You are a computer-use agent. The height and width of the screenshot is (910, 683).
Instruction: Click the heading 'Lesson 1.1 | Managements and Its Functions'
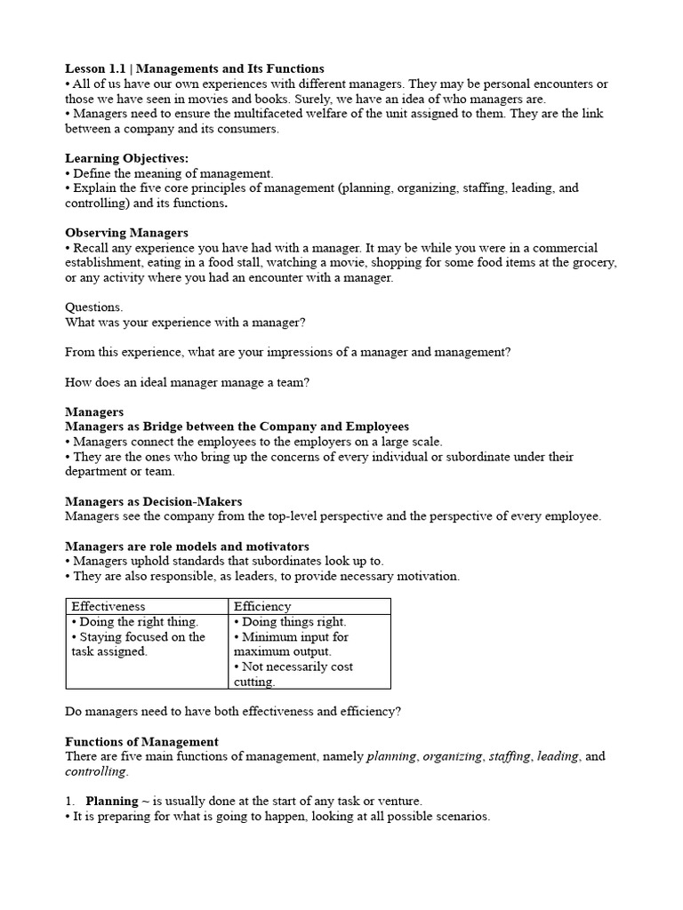point(195,68)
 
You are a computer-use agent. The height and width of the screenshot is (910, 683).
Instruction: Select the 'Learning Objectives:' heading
point(127,158)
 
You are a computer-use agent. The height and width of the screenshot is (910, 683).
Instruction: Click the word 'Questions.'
point(94,307)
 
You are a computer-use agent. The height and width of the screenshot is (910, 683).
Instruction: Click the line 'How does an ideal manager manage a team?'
point(188,382)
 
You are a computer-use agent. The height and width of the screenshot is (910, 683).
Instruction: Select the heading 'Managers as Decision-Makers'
point(154,501)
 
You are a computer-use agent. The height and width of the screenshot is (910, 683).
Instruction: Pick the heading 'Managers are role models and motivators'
point(188,546)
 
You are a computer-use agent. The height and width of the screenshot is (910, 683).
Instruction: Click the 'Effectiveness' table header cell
point(108,606)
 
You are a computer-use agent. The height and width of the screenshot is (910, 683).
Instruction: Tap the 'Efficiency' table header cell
point(262,606)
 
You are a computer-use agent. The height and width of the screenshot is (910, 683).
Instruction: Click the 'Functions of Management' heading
point(142,741)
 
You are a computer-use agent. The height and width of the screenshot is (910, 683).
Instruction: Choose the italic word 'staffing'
point(509,756)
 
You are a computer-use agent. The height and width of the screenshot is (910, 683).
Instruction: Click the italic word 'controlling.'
point(96,771)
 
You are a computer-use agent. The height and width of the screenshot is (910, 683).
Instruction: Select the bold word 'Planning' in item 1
point(112,801)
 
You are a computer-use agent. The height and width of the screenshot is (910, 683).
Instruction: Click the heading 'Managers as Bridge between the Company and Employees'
point(237,427)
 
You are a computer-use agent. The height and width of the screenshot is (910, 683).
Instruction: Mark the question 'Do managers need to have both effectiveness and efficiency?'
point(234,711)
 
